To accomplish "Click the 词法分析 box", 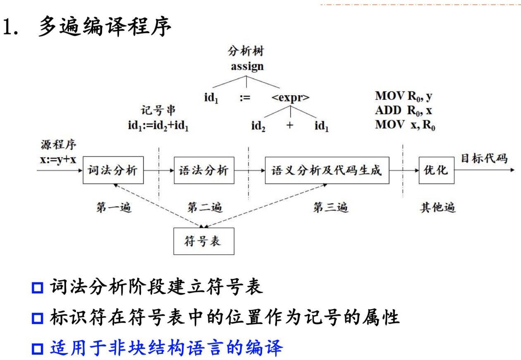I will pos(113,170).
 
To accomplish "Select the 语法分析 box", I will pos(204,170).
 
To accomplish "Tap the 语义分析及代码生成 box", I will pos(327,170).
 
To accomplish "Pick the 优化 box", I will pos(436,170).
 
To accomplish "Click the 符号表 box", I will pos(203,241).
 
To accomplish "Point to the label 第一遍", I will pos(114,207).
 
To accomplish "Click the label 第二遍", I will pos(205,207).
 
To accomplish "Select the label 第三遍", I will pos(330,207).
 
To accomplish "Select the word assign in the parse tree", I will pos(247,66).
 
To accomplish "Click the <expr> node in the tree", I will pos(290,98).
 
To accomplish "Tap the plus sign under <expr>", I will pos(289,125).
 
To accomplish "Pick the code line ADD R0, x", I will pos(404,110).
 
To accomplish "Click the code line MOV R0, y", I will pos(404,96).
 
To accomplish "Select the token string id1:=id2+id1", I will pos(158,125).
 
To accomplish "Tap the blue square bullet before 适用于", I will pos(38,349).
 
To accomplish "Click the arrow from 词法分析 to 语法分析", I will pos(159,170).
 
